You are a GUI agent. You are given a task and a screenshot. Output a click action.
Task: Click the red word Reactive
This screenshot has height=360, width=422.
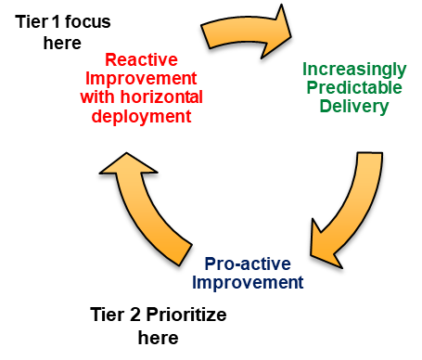(141, 58)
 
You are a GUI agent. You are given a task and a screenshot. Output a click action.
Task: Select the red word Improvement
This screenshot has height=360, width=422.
(142, 78)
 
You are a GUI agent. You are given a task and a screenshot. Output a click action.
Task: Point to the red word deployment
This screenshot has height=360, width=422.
(142, 116)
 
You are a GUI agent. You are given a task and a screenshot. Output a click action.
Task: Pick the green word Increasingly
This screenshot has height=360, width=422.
(353, 69)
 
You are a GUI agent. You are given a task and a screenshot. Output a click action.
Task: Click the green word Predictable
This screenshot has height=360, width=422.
(354, 87)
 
